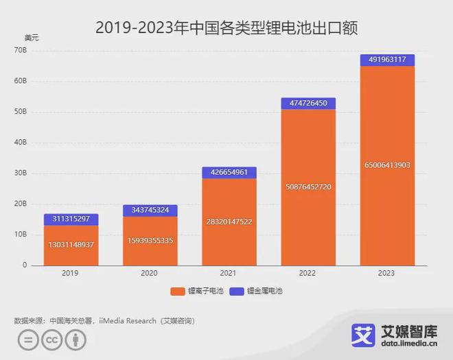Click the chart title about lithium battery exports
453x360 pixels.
pyautogui.click(x=226, y=28)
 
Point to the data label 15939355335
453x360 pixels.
pyautogui.click(x=150, y=241)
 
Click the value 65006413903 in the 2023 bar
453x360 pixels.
pyautogui.click(x=387, y=165)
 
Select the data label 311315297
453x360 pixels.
pyautogui.click(x=71, y=218)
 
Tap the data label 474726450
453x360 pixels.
pyautogui.click(x=308, y=103)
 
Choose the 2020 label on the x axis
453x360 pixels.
pyautogui.click(x=150, y=273)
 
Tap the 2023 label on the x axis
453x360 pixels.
pyautogui.click(x=387, y=273)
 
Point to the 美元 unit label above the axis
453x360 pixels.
pyautogui.click(x=32, y=38)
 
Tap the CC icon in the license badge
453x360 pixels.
pyautogui.click(x=50, y=340)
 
